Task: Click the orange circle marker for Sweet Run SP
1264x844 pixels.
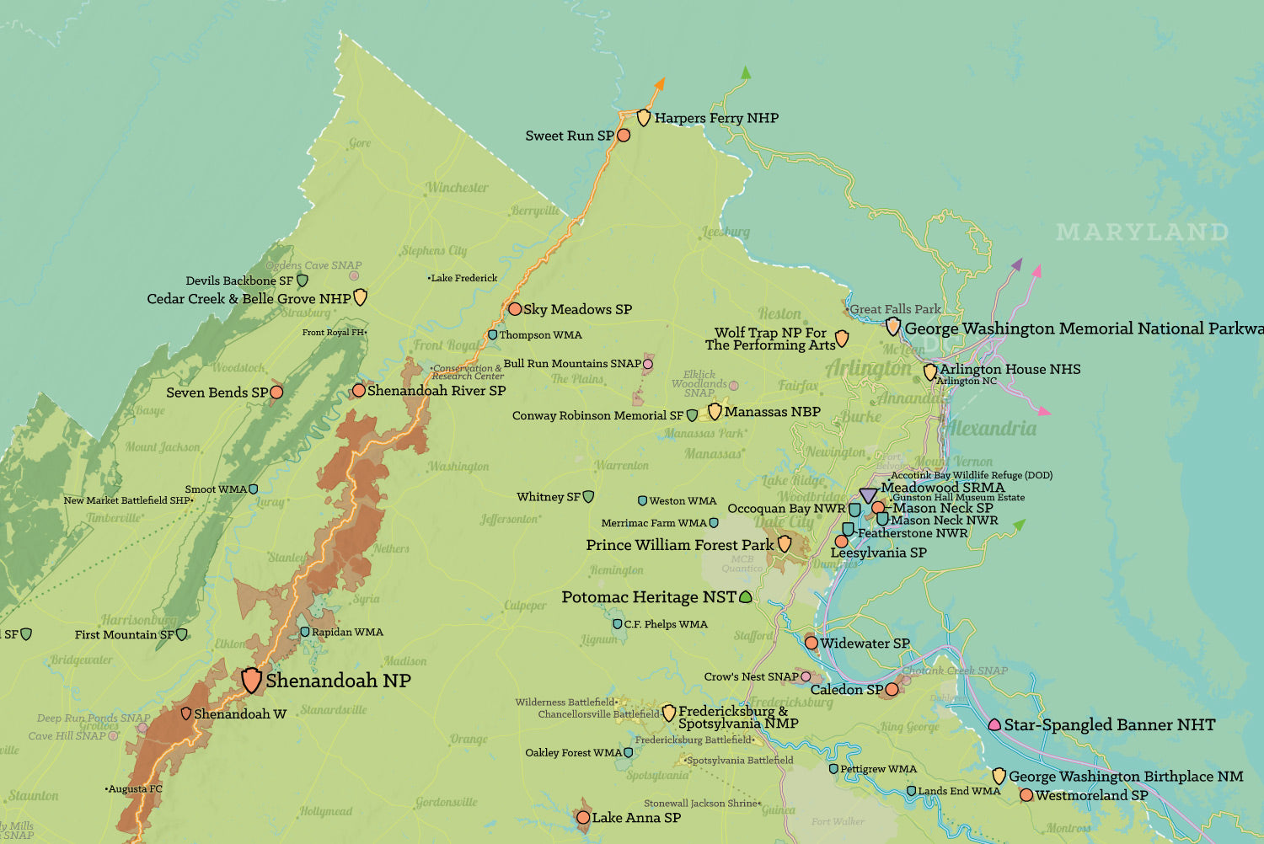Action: (x=624, y=135)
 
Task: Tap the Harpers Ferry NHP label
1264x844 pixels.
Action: (x=715, y=118)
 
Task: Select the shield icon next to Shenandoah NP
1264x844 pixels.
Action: (x=251, y=680)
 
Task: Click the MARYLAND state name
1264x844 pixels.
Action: (x=1142, y=232)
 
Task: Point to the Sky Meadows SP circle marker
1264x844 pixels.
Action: (x=515, y=309)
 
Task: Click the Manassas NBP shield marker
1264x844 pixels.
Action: (x=715, y=411)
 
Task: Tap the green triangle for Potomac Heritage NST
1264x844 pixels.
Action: (x=745, y=597)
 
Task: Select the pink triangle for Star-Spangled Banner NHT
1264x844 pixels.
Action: (x=994, y=724)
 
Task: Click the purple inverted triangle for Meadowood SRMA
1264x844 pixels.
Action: (x=868, y=495)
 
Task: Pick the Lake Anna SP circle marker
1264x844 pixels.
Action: (x=583, y=817)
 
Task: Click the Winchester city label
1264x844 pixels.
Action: (x=457, y=187)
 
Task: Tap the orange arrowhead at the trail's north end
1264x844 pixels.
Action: (x=660, y=83)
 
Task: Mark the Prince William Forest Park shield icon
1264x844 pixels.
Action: (x=785, y=544)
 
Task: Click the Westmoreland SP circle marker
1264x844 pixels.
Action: (x=1026, y=794)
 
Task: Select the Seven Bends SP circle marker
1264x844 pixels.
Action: (x=276, y=392)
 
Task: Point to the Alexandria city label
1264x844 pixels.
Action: (x=991, y=428)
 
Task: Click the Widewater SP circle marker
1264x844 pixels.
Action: (x=811, y=643)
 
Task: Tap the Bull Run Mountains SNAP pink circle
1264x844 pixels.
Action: (x=648, y=364)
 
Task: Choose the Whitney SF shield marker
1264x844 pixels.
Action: (x=589, y=497)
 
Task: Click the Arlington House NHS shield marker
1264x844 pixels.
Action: (x=930, y=371)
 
